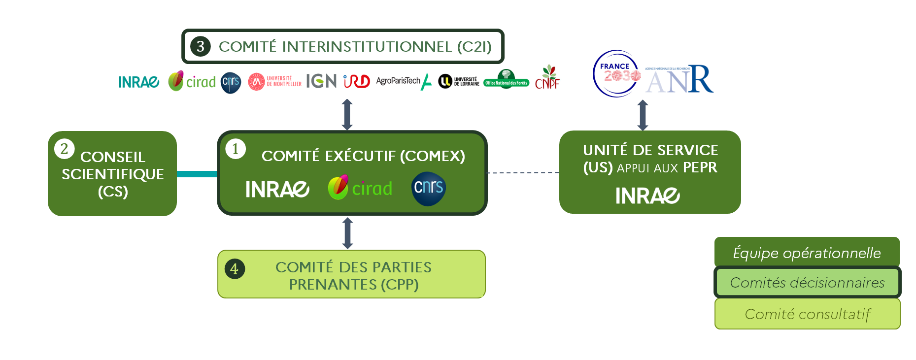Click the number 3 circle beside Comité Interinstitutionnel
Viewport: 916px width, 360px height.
[201, 46]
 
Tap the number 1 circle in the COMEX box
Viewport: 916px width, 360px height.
[236, 149]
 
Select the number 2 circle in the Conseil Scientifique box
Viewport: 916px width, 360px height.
[65, 149]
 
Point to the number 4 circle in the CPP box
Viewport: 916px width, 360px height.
[235, 269]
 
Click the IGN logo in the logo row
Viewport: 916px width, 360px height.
[321, 81]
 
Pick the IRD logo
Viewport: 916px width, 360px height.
[357, 81]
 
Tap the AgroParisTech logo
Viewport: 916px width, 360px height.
[404, 81]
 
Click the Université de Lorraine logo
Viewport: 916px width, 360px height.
[459, 81]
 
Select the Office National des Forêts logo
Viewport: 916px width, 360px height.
[506, 80]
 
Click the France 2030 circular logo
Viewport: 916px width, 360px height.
[616, 74]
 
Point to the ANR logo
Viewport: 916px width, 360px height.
[679, 80]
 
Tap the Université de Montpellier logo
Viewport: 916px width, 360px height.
[274, 81]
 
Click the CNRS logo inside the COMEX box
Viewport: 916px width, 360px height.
[429, 189]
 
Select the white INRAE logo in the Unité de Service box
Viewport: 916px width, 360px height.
[647, 196]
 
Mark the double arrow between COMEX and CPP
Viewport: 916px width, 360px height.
[347, 233]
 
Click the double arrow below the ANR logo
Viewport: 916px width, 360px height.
[643, 115]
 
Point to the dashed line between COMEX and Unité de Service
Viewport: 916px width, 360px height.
[523, 173]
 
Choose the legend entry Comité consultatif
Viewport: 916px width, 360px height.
[807, 314]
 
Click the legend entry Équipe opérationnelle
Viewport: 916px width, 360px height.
[807, 253]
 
